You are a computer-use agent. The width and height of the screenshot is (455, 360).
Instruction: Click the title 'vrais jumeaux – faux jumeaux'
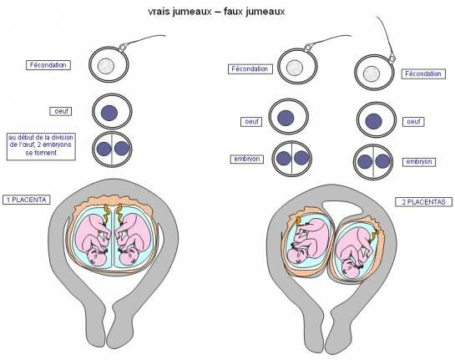[x=216, y=12]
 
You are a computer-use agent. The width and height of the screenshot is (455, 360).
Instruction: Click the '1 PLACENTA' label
[x=27, y=200]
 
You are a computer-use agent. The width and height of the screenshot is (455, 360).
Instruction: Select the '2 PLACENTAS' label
[x=423, y=202]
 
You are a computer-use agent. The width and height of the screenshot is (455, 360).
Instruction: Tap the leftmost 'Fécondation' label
[x=48, y=65]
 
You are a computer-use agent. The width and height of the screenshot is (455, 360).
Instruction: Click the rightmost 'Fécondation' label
[x=423, y=74]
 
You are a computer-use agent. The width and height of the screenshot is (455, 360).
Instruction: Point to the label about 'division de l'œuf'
[x=41, y=147]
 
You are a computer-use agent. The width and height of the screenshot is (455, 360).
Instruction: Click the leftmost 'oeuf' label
[x=61, y=111]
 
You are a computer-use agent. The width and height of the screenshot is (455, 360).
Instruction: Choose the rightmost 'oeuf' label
[x=413, y=121]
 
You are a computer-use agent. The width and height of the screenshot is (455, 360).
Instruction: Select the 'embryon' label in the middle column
[x=247, y=159]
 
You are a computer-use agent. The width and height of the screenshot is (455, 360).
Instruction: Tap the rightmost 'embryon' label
[x=419, y=162]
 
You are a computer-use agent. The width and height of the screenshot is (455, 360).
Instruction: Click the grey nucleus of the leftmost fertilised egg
[x=106, y=66]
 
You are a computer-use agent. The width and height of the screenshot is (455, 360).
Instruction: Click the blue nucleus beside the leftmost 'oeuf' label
[x=109, y=113]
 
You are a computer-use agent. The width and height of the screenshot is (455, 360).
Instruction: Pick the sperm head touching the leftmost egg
[x=123, y=47]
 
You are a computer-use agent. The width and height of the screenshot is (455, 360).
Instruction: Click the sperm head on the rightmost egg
[x=392, y=58]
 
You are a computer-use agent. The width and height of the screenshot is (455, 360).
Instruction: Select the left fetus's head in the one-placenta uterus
[x=96, y=257]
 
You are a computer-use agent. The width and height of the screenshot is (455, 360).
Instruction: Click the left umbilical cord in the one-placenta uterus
[x=106, y=214]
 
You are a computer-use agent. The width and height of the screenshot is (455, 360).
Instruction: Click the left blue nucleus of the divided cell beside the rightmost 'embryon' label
[x=365, y=162]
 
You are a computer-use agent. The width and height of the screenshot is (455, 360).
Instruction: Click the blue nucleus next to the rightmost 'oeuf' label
[x=373, y=121]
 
